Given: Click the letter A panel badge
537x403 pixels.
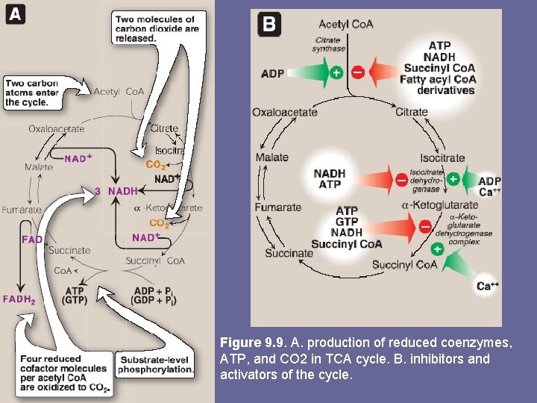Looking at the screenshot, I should (x=16, y=14).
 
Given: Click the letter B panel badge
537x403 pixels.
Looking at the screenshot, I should (x=268, y=24).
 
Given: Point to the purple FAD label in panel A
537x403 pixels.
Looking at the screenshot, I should (x=32, y=240).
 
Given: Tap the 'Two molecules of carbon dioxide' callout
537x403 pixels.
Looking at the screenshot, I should (x=156, y=28).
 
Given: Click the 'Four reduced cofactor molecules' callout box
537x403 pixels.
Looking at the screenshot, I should (x=64, y=372).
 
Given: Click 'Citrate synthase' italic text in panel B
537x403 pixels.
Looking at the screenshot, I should (x=328, y=44).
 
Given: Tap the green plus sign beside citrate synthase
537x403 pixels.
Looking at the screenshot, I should (x=336, y=73).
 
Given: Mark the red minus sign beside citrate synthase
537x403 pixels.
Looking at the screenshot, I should (x=357, y=73).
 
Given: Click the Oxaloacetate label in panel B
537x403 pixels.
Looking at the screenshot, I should (x=285, y=113).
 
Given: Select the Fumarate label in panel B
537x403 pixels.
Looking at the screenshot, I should (x=278, y=207).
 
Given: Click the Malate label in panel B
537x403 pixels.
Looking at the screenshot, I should (x=271, y=158).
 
